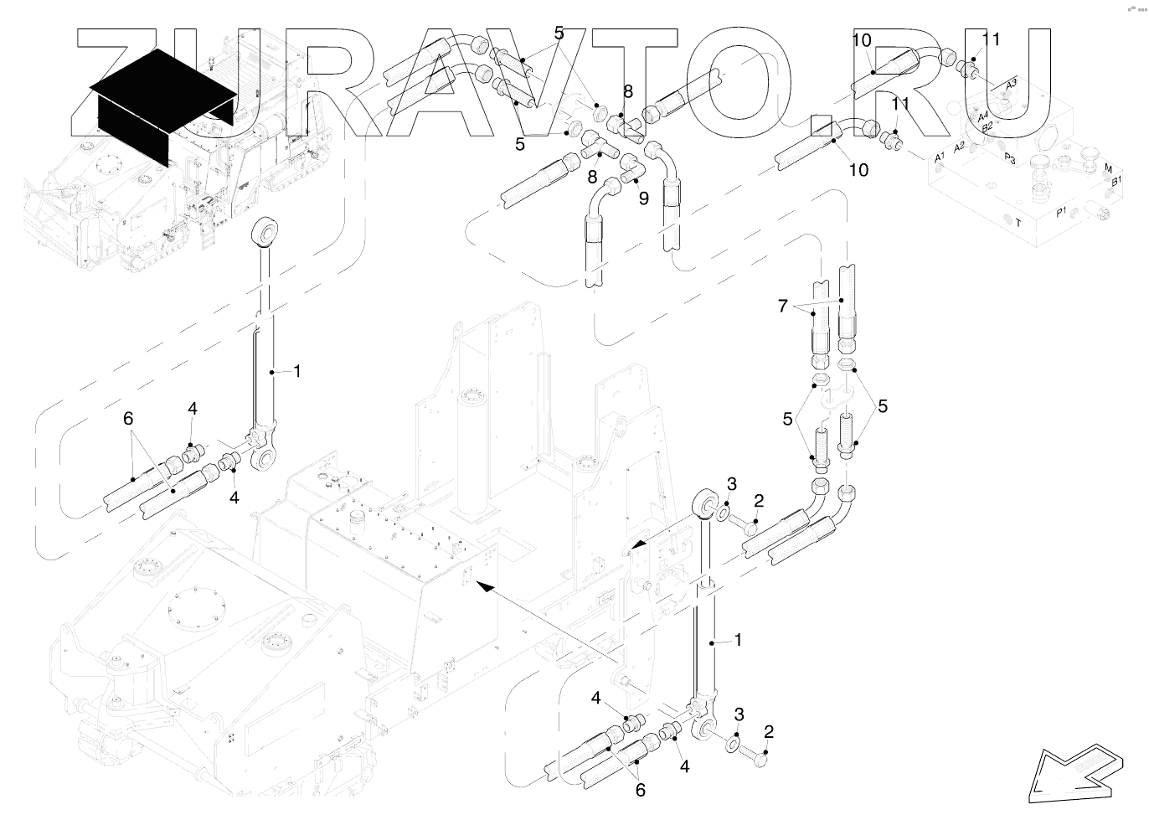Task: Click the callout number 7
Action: pos(783,307)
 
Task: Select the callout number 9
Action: pos(643,198)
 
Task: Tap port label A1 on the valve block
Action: pos(940,157)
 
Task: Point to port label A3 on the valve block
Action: pos(1011,84)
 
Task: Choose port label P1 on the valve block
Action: pos(1061,212)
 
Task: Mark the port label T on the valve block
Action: pos(1018,223)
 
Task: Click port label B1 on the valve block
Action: pos(1116,181)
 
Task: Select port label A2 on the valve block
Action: pos(960,146)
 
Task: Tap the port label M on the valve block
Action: pos(1109,168)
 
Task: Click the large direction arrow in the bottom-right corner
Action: pos(1076,770)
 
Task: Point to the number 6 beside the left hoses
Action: pos(128,418)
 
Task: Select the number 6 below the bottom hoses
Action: pos(641,790)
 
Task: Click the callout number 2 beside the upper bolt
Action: pos(759,502)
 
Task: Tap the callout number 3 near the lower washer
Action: pos(739,714)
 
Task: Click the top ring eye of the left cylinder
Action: pos(265,230)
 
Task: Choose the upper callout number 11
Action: pos(991,39)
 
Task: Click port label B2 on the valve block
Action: pos(987,126)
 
